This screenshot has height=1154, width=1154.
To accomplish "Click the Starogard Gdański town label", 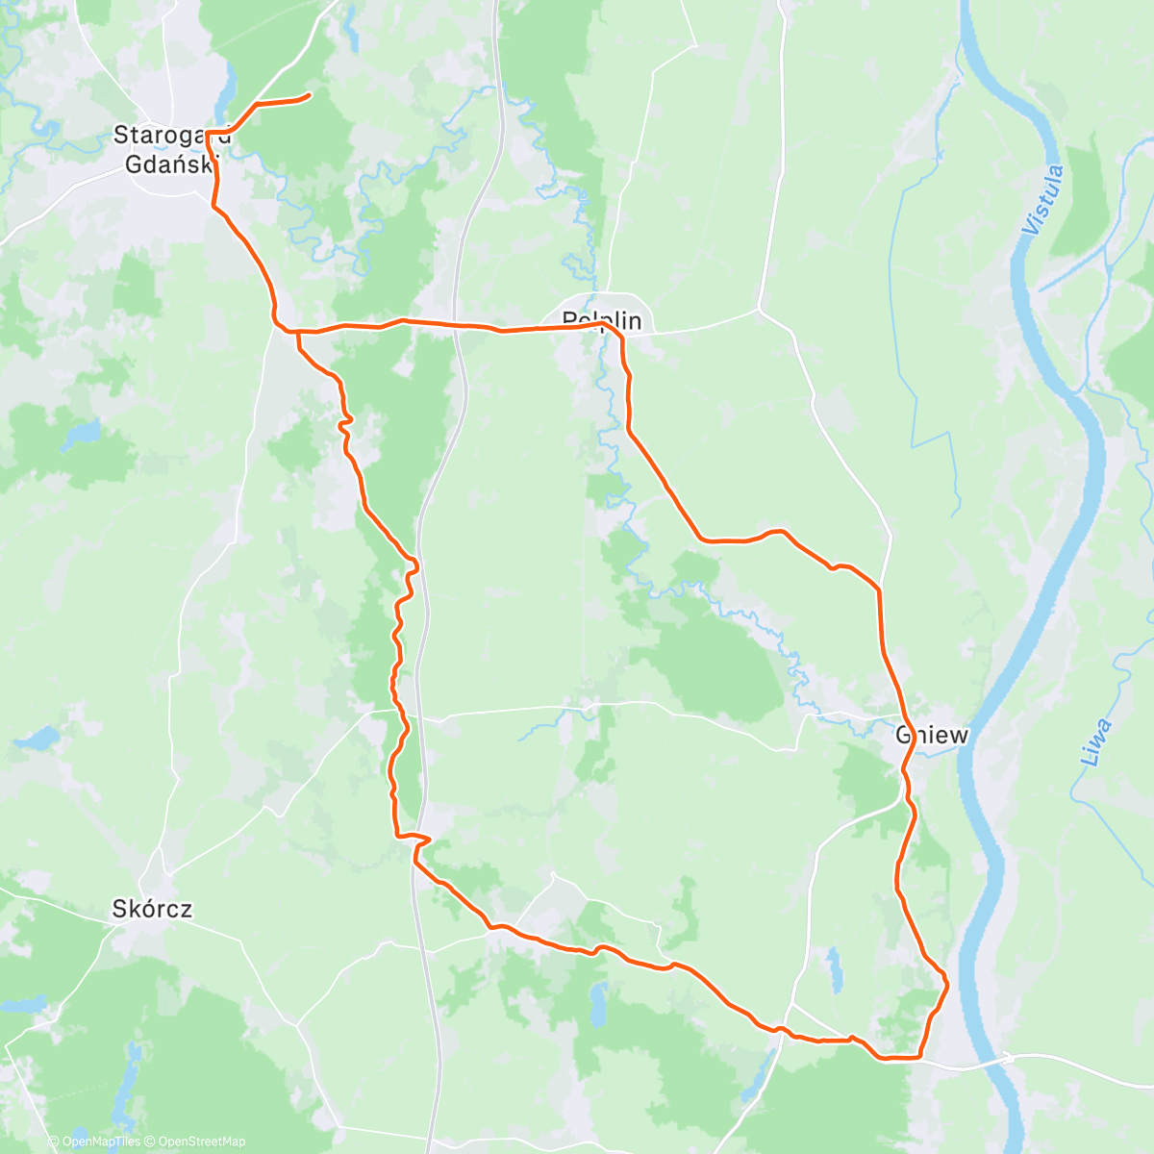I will pyautogui.click(x=166, y=149).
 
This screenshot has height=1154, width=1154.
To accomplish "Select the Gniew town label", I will pyautogui.click(x=931, y=736).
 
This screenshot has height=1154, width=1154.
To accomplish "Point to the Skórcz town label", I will pyautogui.click(x=152, y=908).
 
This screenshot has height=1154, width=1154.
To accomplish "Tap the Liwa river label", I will pyautogui.click(x=1095, y=742).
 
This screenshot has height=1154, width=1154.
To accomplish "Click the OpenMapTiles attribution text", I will pyautogui.click(x=100, y=1141).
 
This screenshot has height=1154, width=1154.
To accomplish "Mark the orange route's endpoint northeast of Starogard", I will pyautogui.click(x=308, y=95).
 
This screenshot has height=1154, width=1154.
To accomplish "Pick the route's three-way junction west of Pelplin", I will pyautogui.click(x=297, y=332).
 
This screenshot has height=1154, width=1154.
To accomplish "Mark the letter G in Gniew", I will pyautogui.click(x=903, y=736).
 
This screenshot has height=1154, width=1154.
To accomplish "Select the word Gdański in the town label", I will pyautogui.click(x=166, y=163).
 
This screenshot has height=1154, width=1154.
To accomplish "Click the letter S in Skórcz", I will pyautogui.click(x=118, y=908).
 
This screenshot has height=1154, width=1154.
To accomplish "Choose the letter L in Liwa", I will pyautogui.click(x=1090, y=759).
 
